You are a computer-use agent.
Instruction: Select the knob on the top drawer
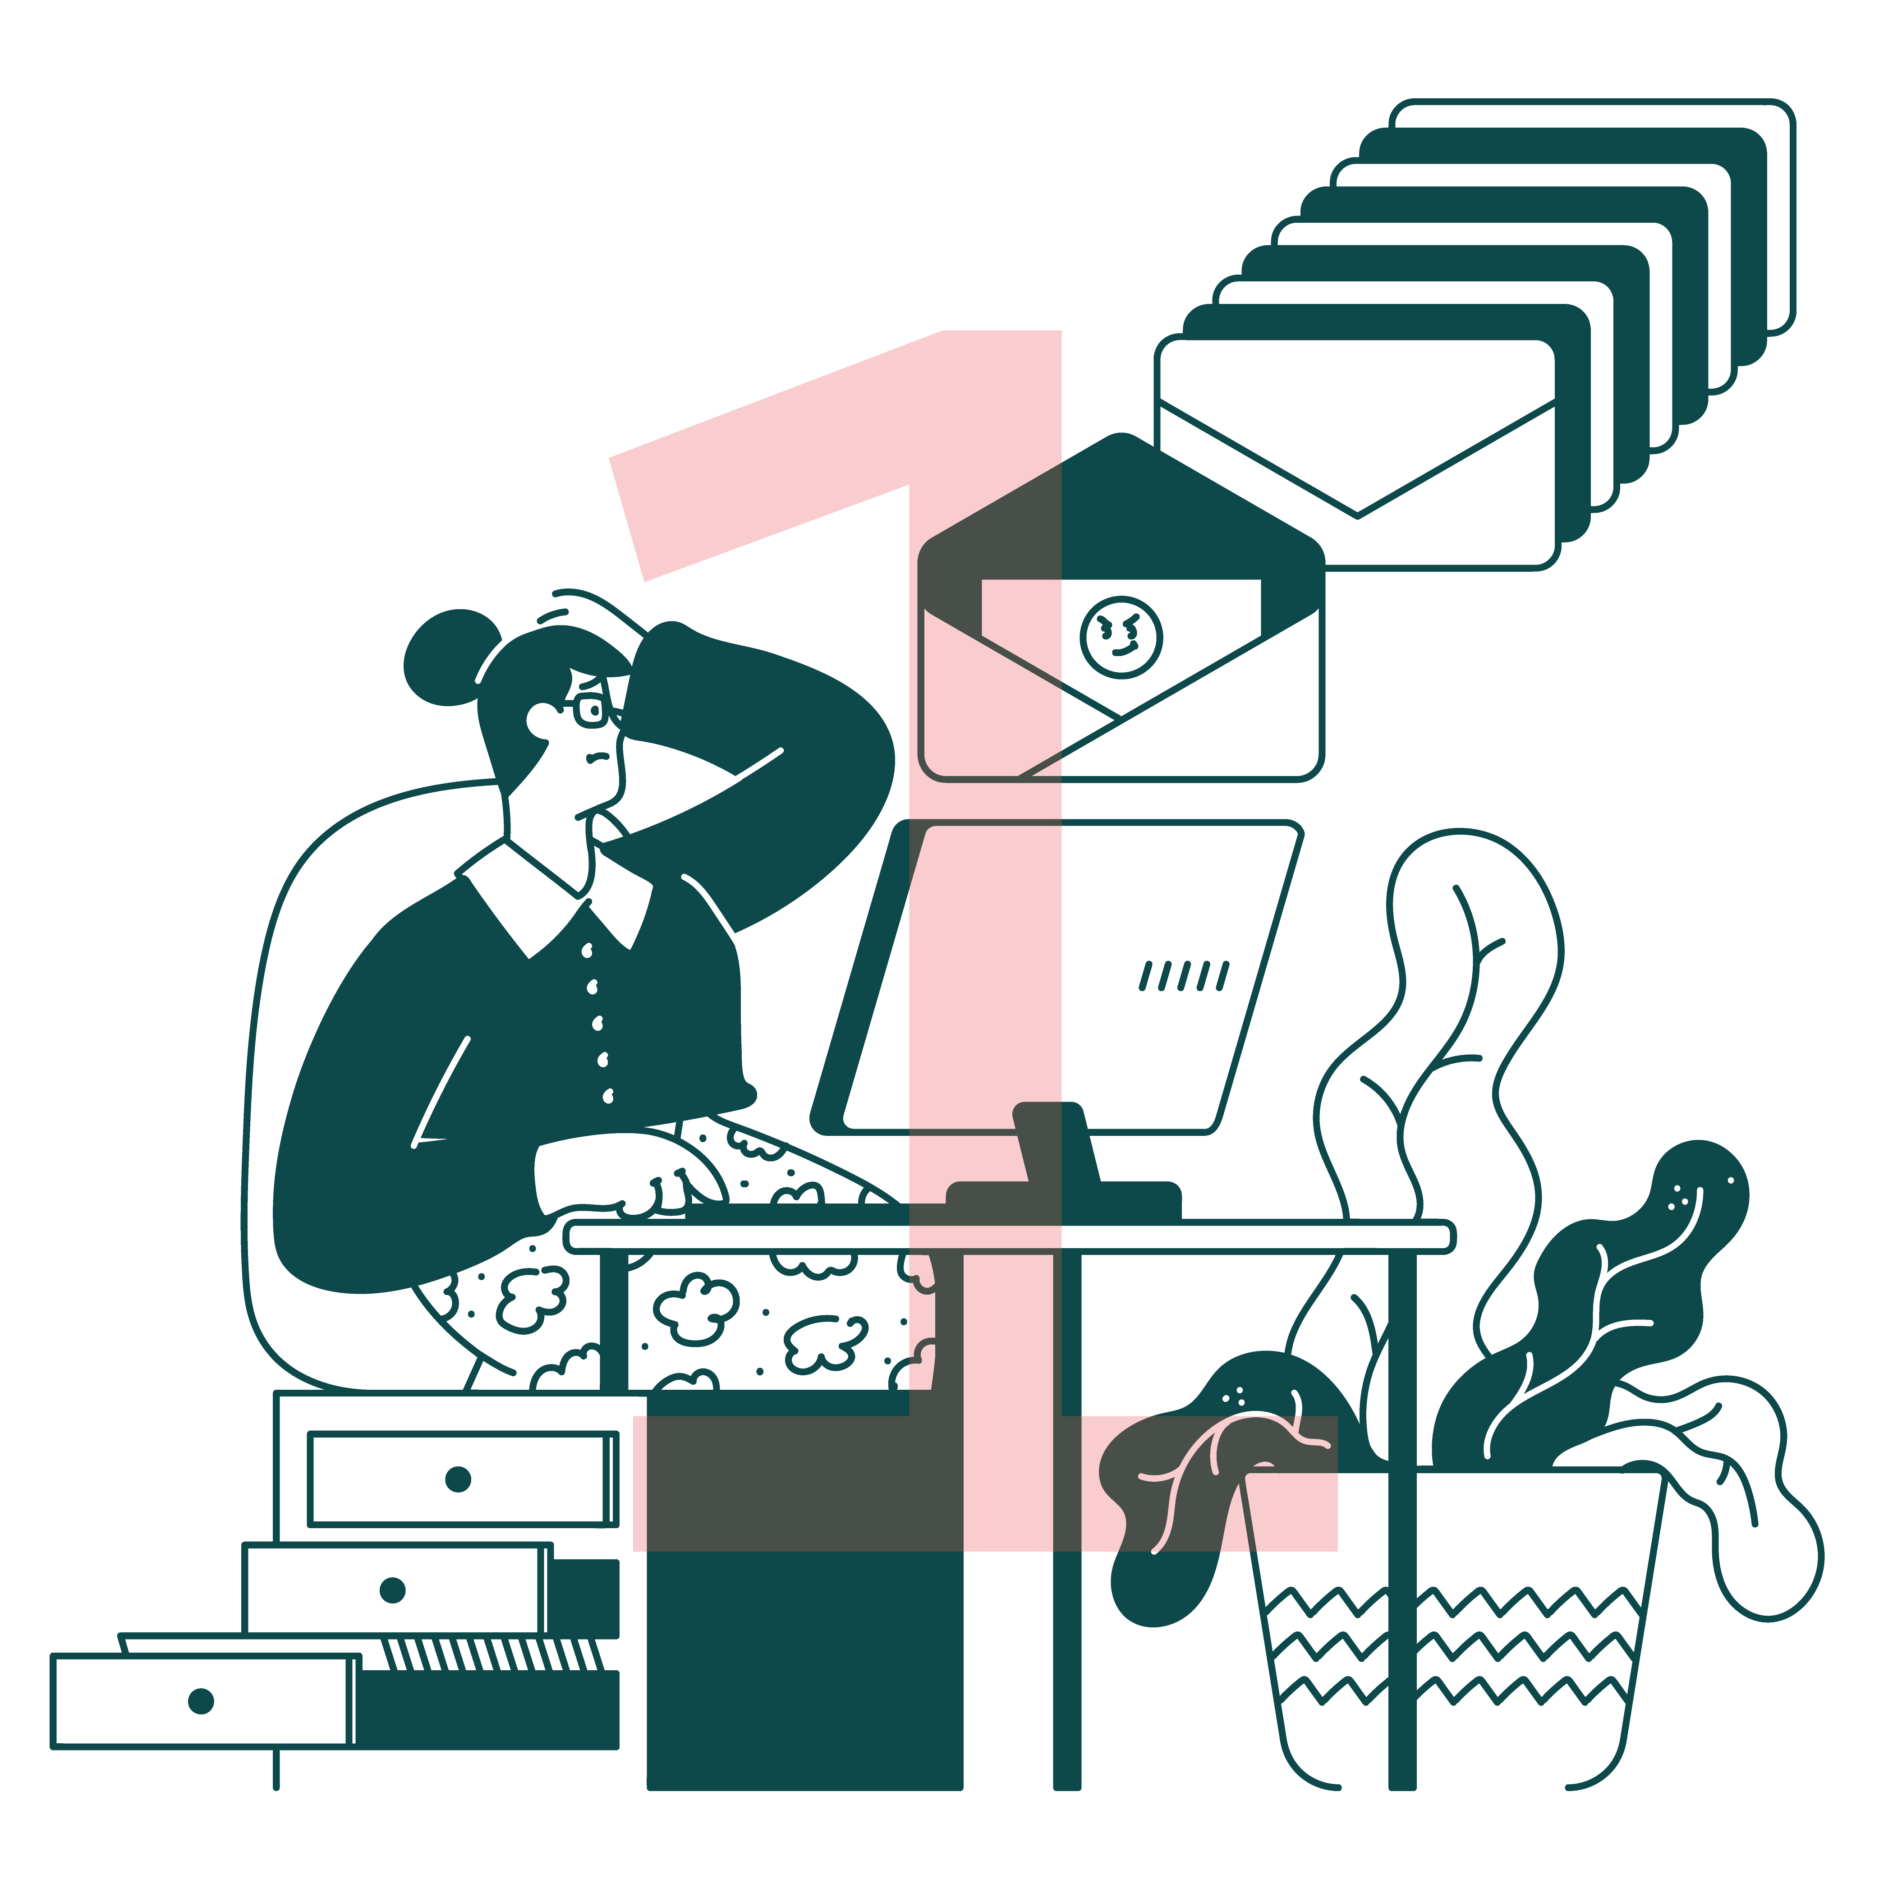458,1479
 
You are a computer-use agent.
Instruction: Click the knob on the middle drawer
393,1590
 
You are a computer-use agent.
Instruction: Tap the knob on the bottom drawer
201,1701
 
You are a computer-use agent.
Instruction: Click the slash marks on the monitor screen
1185,975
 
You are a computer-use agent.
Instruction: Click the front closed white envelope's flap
1358,457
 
